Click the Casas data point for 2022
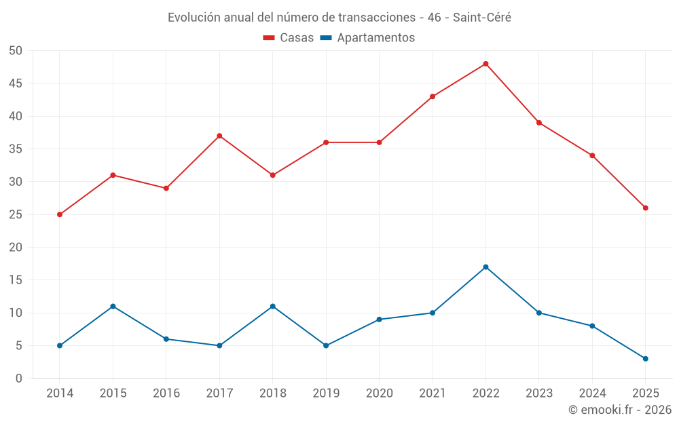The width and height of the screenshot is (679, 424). (x=485, y=64)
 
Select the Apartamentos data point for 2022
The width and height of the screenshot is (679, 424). (x=485, y=267)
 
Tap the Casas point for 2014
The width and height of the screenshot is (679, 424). (x=60, y=214)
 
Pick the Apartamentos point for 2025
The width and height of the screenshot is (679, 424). (x=645, y=359)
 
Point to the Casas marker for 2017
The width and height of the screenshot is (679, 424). (x=219, y=136)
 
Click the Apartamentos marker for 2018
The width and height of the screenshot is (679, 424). (x=272, y=306)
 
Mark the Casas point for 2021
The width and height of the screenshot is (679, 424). (x=433, y=96)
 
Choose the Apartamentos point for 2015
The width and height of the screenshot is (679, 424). (x=113, y=306)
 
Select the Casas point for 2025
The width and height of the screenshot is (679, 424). (x=645, y=208)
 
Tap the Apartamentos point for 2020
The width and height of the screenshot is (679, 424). (x=379, y=320)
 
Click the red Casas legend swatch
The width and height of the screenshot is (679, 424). (x=269, y=38)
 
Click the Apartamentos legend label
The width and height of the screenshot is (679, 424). (x=375, y=38)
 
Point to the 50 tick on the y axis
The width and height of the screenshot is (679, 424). (x=16, y=51)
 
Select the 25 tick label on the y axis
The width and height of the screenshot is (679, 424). (x=16, y=214)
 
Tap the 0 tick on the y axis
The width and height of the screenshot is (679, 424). (x=19, y=379)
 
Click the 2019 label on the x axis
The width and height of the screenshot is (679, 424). (x=326, y=393)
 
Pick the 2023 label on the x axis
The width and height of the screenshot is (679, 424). (x=538, y=393)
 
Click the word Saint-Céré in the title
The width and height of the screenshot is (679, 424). (x=482, y=18)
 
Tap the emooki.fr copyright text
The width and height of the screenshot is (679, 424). (x=619, y=410)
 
